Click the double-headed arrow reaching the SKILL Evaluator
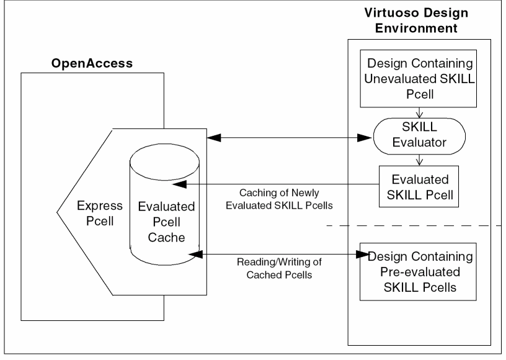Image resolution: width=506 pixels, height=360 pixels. point(285,137)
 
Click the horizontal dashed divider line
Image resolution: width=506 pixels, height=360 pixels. point(415,225)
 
